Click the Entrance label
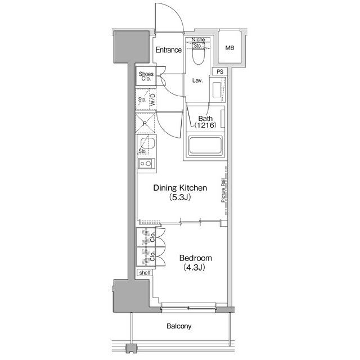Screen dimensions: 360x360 [x=169, y=50]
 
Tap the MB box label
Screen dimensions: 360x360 [x=229, y=48]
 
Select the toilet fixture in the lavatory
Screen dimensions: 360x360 [x=197, y=55]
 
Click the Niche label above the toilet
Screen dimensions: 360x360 [x=197, y=39]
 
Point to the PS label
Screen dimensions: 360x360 [x=219, y=71]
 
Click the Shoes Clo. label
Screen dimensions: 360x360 [x=147, y=76]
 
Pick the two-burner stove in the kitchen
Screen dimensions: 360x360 [x=146, y=164]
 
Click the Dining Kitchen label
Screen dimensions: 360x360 [x=181, y=188]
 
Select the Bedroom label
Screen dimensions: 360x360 [x=195, y=258]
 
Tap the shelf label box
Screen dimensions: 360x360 [x=145, y=273]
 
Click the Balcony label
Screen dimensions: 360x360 [x=179, y=326]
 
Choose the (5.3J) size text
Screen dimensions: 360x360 [x=181, y=198]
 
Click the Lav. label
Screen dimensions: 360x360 [x=197, y=80]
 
